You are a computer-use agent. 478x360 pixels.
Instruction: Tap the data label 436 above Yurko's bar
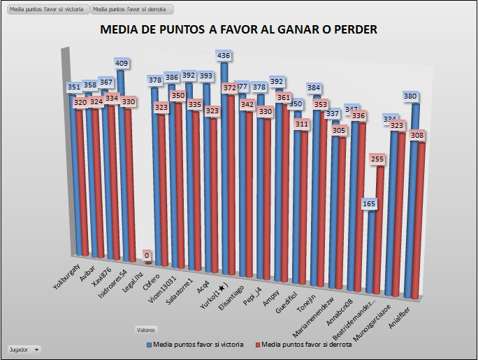(224, 55)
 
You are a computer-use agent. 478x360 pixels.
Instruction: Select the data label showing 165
(370, 204)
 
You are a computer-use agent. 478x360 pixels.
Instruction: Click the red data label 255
(378, 159)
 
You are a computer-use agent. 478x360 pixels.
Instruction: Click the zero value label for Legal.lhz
(147, 256)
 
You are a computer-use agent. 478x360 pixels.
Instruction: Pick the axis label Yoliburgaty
(68, 275)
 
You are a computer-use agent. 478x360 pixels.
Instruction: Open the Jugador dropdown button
(24, 349)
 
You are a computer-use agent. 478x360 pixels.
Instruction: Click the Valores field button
(146, 329)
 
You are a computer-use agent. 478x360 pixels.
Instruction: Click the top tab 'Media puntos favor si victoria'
(45, 10)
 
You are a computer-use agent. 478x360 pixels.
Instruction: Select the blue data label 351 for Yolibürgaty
(75, 87)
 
